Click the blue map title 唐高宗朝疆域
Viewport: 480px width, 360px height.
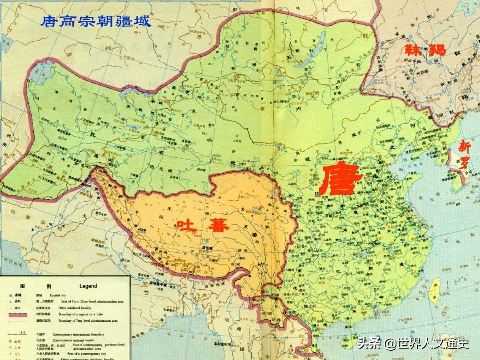click(x=96, y=21)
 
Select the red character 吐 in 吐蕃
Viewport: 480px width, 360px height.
click(x=184, y=225)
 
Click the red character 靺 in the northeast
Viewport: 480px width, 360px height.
click(x=412, y=49)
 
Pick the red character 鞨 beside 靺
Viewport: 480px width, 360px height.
click(x=436, y=49)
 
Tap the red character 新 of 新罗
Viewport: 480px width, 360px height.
click(x=465, y=146)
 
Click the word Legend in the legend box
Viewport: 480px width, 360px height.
click(x=88, y=286)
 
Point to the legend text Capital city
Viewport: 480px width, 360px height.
click(x=60, y=295)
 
